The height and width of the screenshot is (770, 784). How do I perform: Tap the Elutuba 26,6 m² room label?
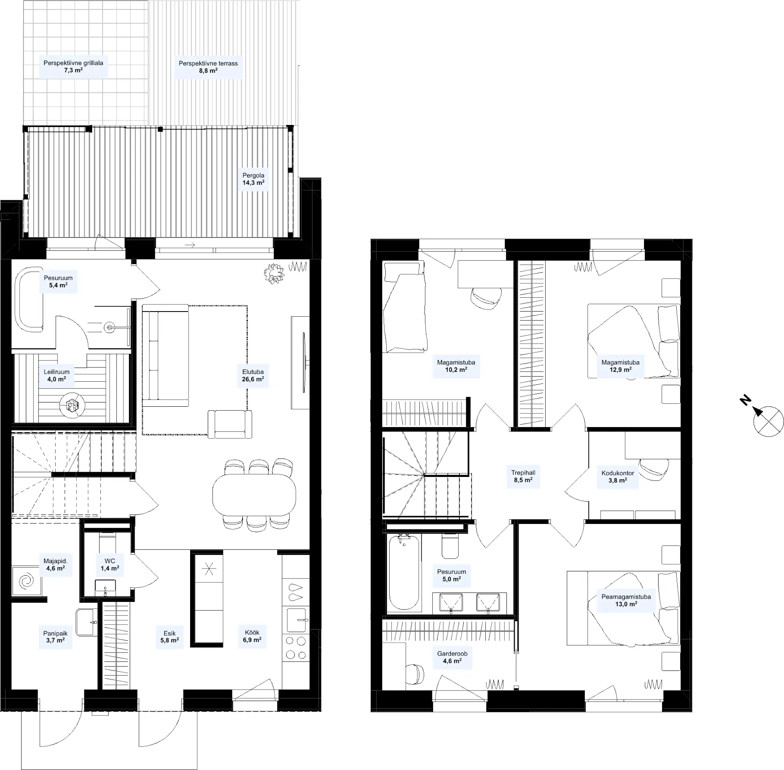(x=253, y=375)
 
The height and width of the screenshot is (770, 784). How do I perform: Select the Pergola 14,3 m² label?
(x=253, y=179)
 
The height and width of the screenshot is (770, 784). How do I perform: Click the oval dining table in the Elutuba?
(x=254, y=495)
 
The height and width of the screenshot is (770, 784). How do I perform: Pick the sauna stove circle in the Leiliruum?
(x=72, y=404)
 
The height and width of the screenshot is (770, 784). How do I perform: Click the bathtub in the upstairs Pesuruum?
(x=404, y=572)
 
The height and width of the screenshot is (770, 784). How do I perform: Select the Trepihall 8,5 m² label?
(x=523, y=476)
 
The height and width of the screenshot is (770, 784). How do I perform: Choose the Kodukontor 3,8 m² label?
(x=618, y=477)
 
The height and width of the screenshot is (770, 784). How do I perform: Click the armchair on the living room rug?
(x=230, y=424)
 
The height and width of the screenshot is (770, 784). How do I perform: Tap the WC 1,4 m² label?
(x=110, y=565)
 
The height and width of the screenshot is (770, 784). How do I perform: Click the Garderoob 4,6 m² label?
(x=452, y=657)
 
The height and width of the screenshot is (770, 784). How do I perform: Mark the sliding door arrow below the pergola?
(x=190, y=245)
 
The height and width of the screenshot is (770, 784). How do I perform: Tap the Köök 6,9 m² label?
(x=252, y=636)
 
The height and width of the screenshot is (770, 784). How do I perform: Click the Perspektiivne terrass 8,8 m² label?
(x=208, y=67)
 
